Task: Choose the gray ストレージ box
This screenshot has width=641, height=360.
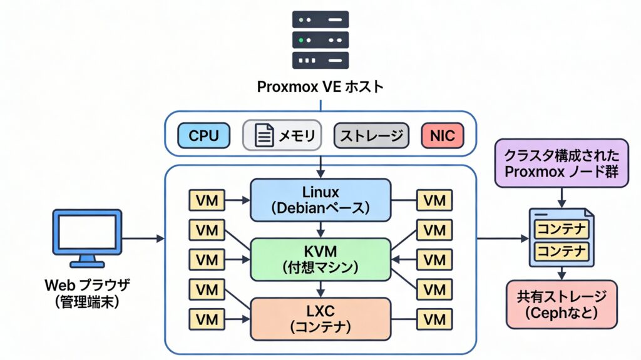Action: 371,135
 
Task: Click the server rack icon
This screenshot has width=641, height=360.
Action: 320,39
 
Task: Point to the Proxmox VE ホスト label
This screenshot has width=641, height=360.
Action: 320,87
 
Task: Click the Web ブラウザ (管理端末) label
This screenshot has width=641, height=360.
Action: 87,293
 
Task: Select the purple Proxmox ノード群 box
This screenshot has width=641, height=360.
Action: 561,163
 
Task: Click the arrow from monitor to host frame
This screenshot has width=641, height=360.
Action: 143,239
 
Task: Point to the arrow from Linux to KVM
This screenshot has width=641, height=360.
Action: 320,229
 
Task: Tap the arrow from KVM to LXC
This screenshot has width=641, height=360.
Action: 320,289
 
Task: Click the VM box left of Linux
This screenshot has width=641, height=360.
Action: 207,200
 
